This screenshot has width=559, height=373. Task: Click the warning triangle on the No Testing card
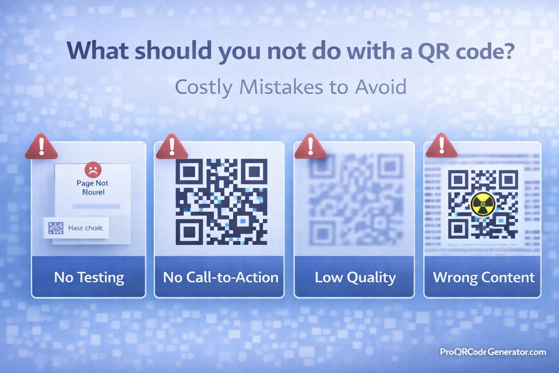[x=41, y=148]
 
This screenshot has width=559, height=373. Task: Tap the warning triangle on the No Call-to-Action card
[x=172, y=148]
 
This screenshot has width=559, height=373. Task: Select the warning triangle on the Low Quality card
[x=310, y=148]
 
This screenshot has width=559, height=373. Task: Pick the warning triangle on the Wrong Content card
[x=441, y=147]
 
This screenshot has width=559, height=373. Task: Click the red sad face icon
[x=93, y=170]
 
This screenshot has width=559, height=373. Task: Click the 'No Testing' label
[x=89, y=278]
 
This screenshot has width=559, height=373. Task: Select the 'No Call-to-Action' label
[x=221, y=278]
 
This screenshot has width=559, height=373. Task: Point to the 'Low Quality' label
[x=355, y=278]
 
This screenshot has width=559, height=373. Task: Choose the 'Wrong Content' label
[x=484, y=278]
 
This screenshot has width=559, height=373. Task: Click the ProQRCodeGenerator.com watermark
[x=493, y=352]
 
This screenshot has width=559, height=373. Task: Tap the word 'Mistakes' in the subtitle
[x=281, y=87]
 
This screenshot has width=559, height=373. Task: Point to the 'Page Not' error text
[x=92, y=183]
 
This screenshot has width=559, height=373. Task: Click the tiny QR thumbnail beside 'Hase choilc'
[x=56, y=228]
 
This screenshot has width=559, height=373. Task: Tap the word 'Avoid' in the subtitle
[x=381, y=87]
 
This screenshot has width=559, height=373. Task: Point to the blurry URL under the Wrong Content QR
[x=483, y=245]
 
